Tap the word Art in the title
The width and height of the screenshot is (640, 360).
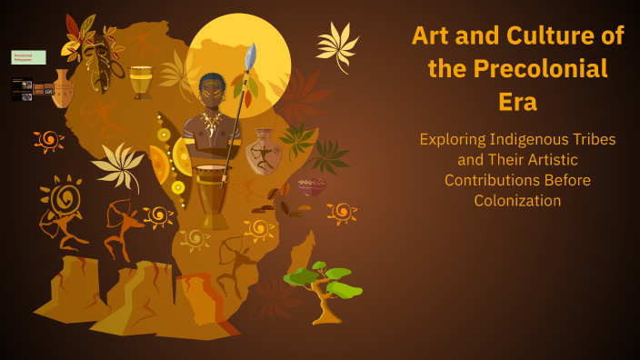coord(434,36)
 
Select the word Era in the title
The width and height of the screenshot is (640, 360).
coord(517,102)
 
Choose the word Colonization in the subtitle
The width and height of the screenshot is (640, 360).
coord(517,201)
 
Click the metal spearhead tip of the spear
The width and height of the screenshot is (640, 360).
coord(252,55)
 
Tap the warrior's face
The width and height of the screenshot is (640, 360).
coord(211,93)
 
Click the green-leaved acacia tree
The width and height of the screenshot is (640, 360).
coord(323,287)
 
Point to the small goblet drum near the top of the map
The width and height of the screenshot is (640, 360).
coord(141,81)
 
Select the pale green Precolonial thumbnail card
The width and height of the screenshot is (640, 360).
coord(28,57)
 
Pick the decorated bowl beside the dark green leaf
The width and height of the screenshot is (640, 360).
coord(312,186)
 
